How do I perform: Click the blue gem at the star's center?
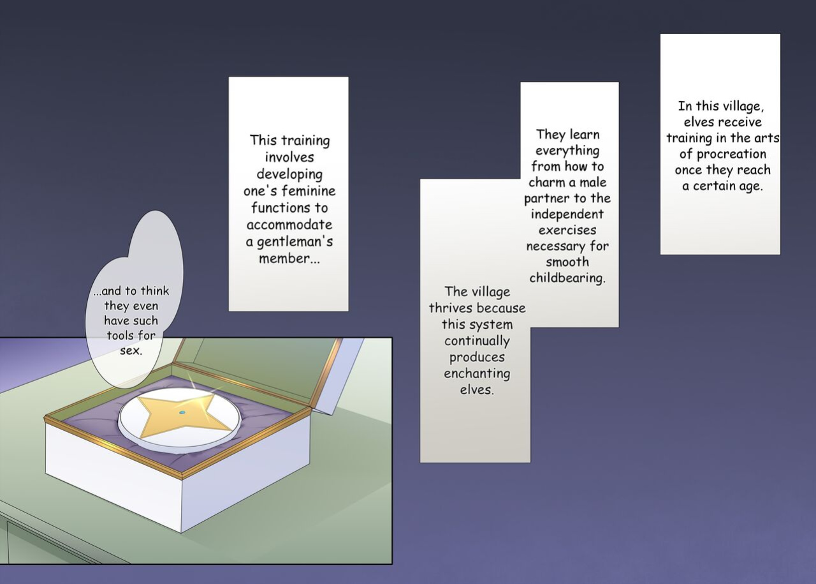(182, 412)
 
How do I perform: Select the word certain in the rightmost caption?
(723, 186)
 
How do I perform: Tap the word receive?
(739, 122)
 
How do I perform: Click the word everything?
(567, 151)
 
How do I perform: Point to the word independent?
(567, 214)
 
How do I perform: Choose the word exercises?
(567, 230)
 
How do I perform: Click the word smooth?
(567, 262)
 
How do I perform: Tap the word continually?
(477, 341)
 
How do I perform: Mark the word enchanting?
(477, 374)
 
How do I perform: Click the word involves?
(289, 157)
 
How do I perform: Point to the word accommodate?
(289, 225)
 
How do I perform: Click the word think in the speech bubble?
(155, 291)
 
